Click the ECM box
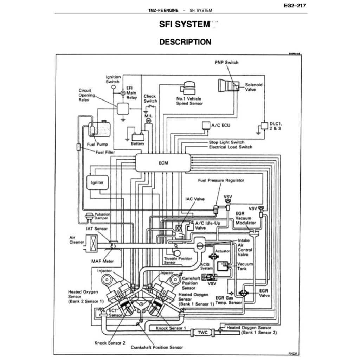click(x=163, y=163)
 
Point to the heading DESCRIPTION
click(x=185, y=42)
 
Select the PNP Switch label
click(x=226, y=63)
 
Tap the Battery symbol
click(x=137, y=137)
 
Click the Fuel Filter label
click(x=105, y=152)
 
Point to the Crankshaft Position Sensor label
click(x=157, y=347)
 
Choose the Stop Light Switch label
click(x=226, y=142)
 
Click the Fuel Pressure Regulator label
click(x=221, y=180)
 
